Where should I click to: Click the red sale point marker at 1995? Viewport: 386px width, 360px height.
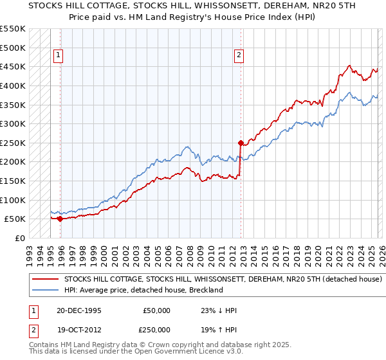[60, 219]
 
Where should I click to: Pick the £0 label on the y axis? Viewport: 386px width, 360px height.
[19, 238]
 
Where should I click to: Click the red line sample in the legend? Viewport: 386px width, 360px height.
[45, 280]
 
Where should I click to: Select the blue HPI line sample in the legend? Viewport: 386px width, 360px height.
[45, 291]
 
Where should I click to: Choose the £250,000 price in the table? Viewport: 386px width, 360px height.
[157, 330]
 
